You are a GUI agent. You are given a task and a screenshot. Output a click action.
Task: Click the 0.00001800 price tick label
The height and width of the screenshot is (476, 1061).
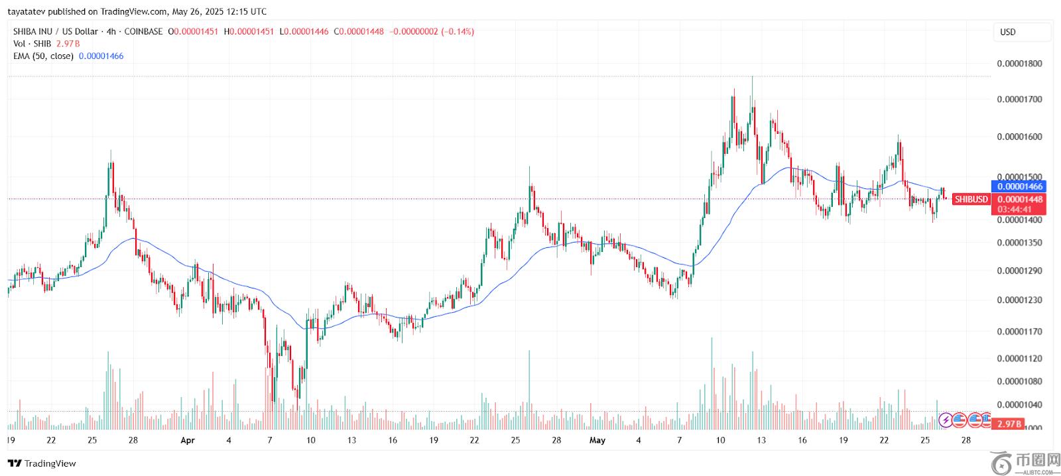coord(1019,64)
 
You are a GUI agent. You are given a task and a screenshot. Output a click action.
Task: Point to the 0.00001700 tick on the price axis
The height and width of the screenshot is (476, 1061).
coord(1019,99)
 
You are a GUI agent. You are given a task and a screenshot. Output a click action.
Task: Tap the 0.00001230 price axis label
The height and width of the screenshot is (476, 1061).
coord(1019,300)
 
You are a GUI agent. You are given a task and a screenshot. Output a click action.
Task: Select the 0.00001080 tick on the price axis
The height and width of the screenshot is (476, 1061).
coord(1019,381)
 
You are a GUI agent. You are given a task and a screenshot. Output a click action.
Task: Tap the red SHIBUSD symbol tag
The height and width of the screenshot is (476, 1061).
coord(971,199)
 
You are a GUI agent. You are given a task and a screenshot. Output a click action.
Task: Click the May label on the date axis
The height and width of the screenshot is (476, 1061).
coord(597,440)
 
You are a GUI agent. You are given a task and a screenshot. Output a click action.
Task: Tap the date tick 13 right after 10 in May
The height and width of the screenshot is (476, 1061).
coord(761,440)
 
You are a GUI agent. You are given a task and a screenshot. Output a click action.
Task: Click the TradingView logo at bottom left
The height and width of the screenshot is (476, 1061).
coord(42,463)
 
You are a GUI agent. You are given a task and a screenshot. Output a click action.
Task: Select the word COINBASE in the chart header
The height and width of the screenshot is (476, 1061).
coord(143,32)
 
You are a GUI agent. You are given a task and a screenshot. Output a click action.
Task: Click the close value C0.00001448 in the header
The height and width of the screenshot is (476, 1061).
coord(358,32)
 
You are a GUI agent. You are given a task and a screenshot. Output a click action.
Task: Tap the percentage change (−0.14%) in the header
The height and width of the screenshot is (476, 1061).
coord(458,32)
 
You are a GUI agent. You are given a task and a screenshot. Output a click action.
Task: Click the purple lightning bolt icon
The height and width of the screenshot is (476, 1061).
coord(946,419)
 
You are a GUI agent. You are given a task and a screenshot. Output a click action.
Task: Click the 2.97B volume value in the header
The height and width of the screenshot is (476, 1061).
coord(68,44)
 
